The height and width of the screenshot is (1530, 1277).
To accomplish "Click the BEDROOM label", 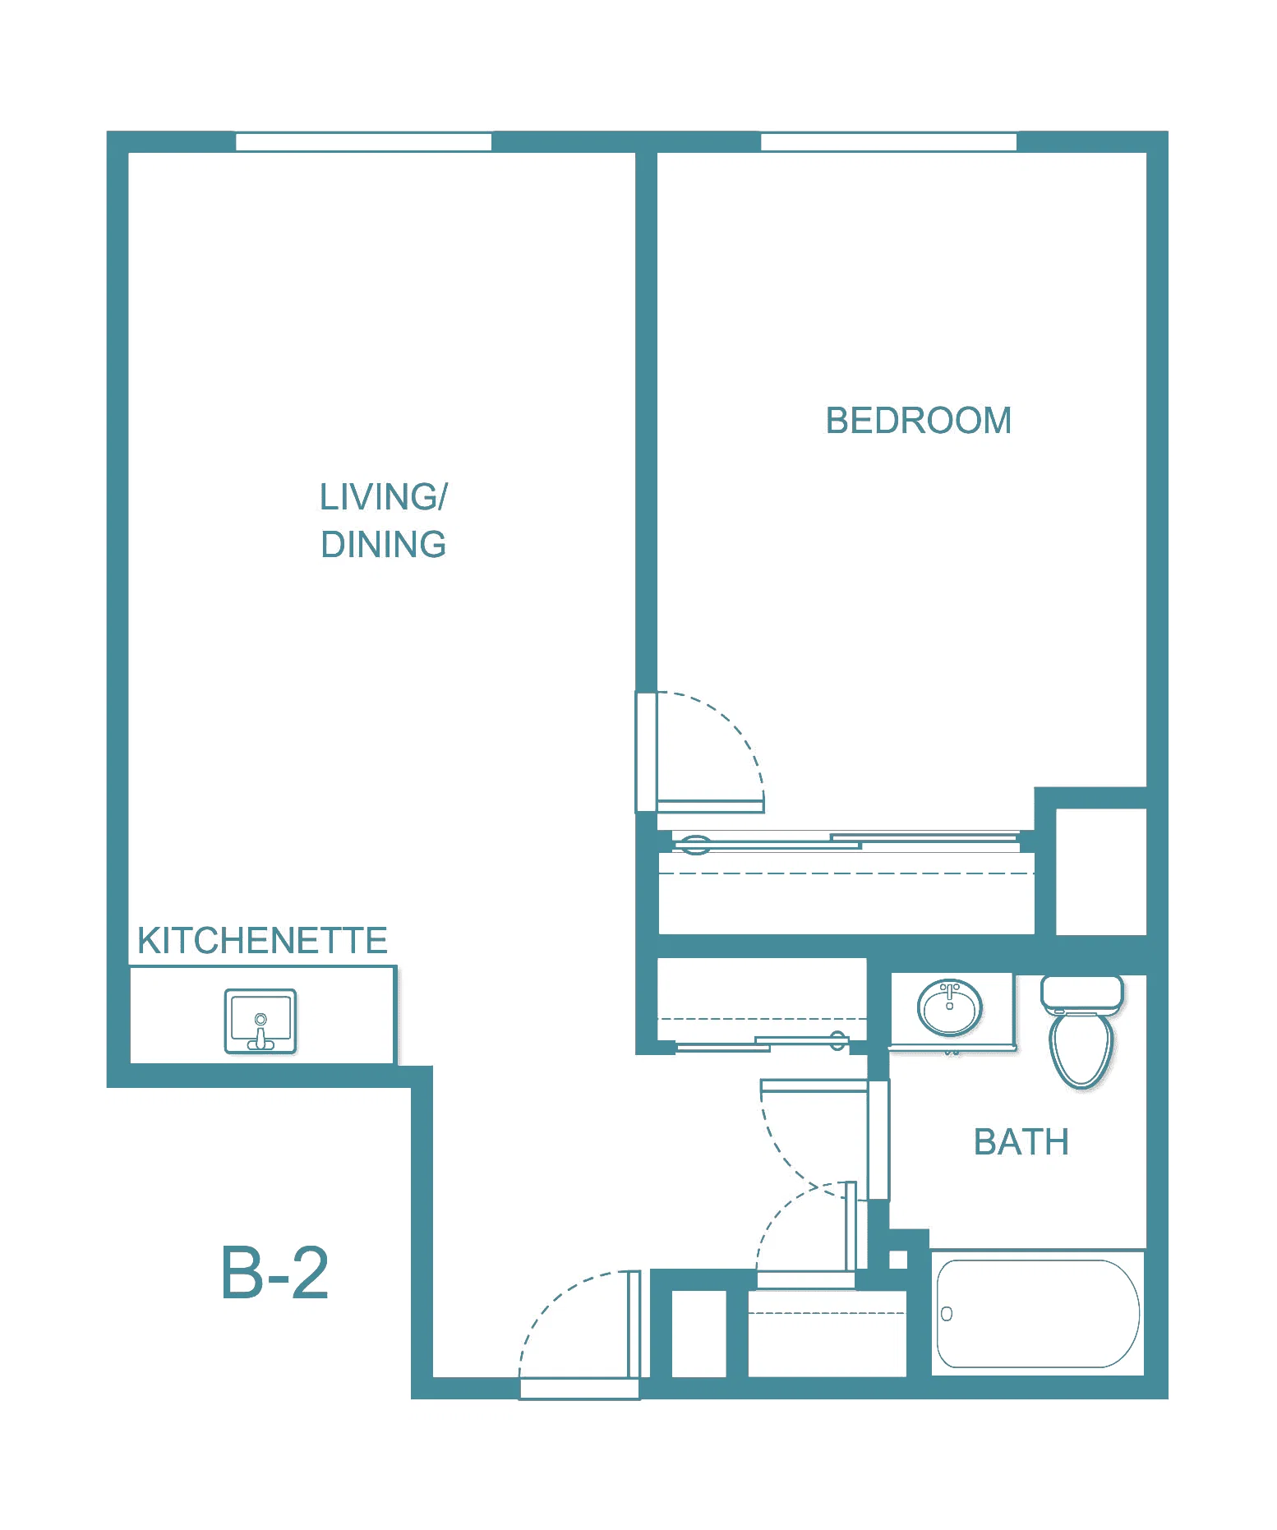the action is click(918, 421).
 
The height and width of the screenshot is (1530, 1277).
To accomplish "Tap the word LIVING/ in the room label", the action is click(384, 497).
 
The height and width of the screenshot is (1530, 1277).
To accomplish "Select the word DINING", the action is click(384, 545).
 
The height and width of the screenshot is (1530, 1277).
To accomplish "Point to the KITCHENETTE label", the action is click(262, 941).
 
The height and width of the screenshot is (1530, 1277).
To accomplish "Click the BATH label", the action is click(1021, 1142).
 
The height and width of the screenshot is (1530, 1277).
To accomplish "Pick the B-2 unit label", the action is click(275, 1273).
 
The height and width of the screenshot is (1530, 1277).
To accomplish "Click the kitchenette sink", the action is click(260, 1021).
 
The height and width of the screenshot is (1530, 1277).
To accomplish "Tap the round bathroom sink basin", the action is click(950, 1007).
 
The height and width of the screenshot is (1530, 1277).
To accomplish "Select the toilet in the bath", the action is click(1081, 1032).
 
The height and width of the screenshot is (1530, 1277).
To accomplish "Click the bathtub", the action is click(1038, 1313).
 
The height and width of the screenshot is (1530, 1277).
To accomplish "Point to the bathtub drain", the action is click(947, 1314).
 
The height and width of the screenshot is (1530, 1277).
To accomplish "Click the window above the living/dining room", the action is click(363, 141).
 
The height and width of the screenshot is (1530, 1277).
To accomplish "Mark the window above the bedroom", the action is click(888, 141).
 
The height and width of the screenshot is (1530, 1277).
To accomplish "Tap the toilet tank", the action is click(1081, 993).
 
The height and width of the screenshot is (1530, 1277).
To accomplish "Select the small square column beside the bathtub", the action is click(898, 1260).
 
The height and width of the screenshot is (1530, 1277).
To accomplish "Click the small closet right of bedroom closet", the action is click(1101, 872).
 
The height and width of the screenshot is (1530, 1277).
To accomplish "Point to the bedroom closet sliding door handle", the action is click(696, 844).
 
